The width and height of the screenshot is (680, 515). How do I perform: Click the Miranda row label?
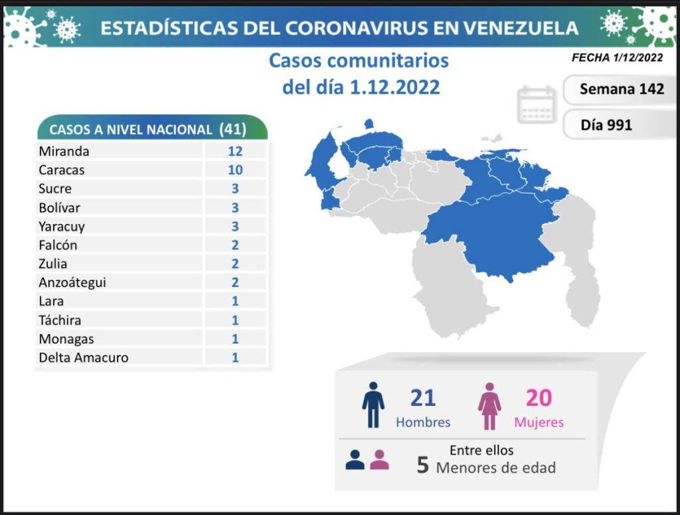(64, 151)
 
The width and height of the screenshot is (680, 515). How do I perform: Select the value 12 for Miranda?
(234, 151)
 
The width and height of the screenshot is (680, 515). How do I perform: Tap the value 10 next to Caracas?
(234, 169)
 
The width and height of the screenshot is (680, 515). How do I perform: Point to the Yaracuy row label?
(62, 226)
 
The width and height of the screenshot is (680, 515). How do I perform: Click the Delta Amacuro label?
(84, 358)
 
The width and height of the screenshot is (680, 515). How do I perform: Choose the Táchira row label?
(60, 320)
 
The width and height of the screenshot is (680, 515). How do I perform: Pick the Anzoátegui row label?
(72, 282)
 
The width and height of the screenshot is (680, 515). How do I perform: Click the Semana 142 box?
(621, 89)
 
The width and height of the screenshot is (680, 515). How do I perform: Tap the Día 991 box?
(606, 124)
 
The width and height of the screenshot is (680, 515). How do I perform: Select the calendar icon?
(537, 104)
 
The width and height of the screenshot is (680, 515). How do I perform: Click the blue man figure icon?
(373, 405)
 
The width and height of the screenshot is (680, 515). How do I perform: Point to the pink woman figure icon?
(489, 405)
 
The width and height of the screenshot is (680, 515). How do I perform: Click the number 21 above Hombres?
(422, 397)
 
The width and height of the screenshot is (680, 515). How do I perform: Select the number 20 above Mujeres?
(539, 397)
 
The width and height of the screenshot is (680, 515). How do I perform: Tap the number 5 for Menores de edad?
(422, 465)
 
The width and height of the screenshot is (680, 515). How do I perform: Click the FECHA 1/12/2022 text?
(617, 58)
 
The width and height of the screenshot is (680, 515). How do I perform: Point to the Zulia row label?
(52, 264)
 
